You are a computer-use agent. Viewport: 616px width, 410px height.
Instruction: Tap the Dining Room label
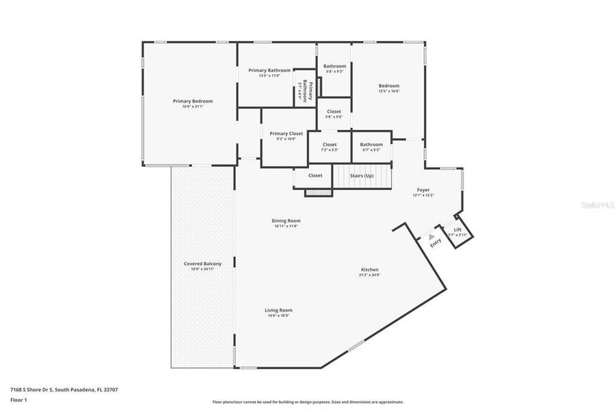coord(286,221)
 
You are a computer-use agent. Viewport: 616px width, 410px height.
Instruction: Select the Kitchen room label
coord(369,270)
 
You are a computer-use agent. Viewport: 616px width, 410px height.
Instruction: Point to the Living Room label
coord(278,310)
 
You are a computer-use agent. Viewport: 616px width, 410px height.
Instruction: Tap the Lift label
coord(458,230)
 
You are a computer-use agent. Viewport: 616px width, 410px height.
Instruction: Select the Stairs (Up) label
coord(362,176)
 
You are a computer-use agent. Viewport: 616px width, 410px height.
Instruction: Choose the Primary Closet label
coord(286,134)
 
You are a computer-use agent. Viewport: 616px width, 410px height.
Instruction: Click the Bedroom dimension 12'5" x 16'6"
coord(389,91)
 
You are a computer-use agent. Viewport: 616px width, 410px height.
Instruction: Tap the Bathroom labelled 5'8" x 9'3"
coord(334,66)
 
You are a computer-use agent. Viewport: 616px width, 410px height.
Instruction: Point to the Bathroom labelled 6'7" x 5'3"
coord(371,144)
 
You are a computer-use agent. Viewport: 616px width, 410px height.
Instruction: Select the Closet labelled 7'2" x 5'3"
coord(330,145)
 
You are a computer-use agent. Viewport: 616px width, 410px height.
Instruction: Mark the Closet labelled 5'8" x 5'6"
coord(334,111)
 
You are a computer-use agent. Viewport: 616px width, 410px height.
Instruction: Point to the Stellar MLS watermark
coord(596,204)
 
